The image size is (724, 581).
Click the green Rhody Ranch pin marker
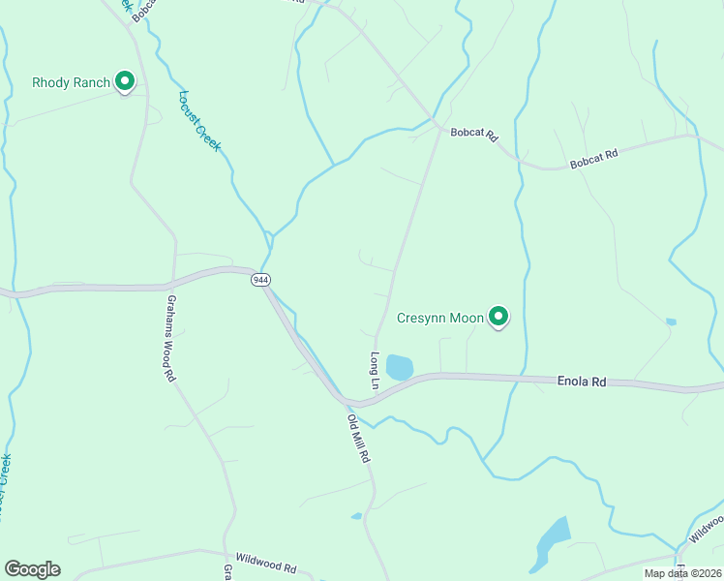click(124, 82)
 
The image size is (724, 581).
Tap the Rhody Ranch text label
click(71, 82)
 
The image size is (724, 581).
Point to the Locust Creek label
click(200, 120)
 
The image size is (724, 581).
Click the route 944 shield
click(259, 279)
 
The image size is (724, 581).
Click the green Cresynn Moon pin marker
click(498, 317)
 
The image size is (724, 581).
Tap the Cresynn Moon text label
click(439, 318)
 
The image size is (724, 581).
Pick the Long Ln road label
click(373, 365)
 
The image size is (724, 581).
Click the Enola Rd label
click(582, 382)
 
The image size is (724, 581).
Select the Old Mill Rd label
click(359, 438)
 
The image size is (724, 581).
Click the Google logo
click(32, 569)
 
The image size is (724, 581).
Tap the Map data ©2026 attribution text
click(681, 573)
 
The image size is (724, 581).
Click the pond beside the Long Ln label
click(399, 367)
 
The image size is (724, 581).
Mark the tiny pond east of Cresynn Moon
click(671, 321)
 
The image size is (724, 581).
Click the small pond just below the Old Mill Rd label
click(357, 516)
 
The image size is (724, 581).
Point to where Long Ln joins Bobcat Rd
click(441, 128)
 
